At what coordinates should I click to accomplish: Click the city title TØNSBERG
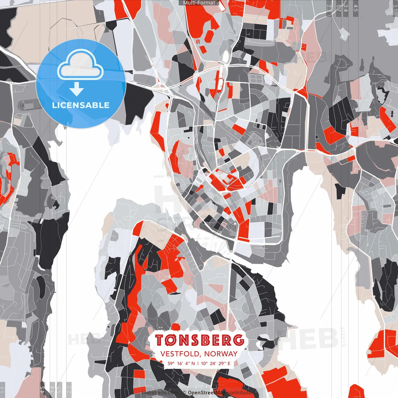199,340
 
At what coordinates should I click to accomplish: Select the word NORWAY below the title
221,354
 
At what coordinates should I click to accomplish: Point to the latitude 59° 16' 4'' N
181,363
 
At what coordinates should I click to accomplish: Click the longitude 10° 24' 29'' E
215,363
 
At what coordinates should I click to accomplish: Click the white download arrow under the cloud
76,90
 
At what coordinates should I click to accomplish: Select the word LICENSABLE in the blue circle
81,105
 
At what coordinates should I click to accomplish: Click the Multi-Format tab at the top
199,3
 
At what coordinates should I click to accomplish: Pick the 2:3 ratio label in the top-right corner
329,8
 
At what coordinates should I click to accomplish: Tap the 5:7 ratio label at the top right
338,8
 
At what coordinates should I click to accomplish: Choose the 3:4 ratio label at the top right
346,8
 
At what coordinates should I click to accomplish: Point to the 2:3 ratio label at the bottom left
69,389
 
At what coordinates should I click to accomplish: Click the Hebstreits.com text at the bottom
160,393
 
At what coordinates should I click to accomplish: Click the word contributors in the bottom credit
241,393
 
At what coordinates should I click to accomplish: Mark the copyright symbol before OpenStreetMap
184,393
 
